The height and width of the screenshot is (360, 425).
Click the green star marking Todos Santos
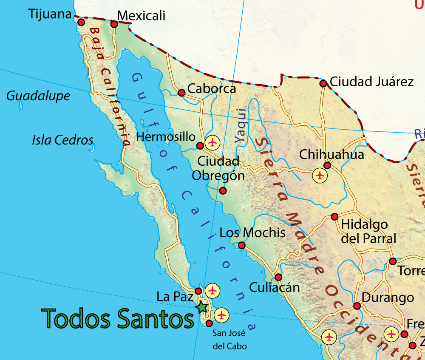202,306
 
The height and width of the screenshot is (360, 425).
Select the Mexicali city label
141,16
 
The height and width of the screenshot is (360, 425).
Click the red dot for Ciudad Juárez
323,83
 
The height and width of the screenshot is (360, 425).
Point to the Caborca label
211,89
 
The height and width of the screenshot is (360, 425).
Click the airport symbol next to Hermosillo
212,142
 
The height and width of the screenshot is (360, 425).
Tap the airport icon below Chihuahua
320,175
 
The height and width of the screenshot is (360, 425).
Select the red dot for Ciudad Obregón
223,190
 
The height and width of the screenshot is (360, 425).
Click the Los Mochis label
252,233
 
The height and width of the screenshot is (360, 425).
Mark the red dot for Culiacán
278,277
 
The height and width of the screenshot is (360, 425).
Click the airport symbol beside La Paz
212,291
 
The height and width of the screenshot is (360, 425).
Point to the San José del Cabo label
229,339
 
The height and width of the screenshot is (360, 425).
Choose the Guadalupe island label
38,96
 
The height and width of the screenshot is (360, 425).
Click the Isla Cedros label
62,140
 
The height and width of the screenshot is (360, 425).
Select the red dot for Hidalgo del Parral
334,217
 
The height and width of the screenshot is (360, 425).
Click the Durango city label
388,297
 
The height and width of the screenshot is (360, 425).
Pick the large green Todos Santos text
118,318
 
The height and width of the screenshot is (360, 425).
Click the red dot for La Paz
198,291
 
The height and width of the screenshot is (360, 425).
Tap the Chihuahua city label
331,154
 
